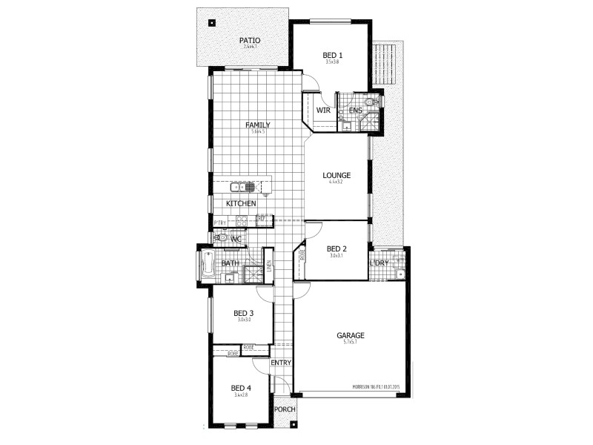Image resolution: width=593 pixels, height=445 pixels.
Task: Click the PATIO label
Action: (x=247, y=40)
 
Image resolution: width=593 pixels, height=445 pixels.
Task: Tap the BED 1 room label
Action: (x=332, y=55)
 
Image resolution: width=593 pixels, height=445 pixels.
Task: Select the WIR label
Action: (x=323, y=111)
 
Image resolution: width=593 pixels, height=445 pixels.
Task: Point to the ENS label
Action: (x=355, y=111)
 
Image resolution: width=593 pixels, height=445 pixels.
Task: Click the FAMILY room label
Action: (x=258, y=125)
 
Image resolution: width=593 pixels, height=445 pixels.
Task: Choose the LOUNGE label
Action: (x=336, y=176)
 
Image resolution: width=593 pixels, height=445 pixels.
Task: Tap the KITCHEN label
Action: (x=242, y=203)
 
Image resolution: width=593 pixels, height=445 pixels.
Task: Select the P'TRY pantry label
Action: (x=220, y=222)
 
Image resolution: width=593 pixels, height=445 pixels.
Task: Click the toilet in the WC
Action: (x=220, y=238)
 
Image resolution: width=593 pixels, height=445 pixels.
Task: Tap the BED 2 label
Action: (x=337, y=248)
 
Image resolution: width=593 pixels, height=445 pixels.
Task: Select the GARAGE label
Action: (x=350, y=335)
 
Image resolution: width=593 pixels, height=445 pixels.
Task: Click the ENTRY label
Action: (x=280, y=363)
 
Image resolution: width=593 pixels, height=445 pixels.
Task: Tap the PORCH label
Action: (x=284, y=410)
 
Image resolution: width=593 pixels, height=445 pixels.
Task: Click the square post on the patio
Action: (x=213, y=22)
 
